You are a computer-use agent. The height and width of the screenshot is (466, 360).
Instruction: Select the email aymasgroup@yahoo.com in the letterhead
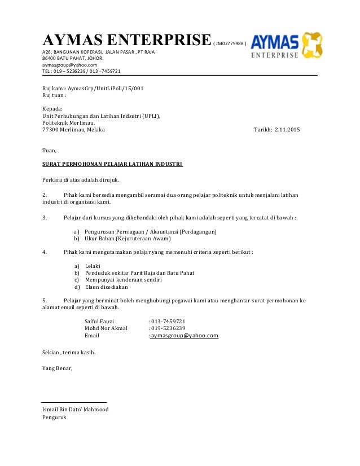pyautogui.click(x=65, y=65)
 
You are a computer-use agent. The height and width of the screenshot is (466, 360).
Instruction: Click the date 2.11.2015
pyautogui.click(x=287, y=130)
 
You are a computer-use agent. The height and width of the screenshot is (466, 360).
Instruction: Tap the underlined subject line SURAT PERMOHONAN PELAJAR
pyautogui.click(x=113, y=165)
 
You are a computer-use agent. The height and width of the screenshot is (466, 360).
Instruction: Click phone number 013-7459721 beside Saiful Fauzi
pyautogui.click(x=168, y=320)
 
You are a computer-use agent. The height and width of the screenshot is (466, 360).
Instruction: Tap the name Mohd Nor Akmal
pyautogui.click(x=106, y=328)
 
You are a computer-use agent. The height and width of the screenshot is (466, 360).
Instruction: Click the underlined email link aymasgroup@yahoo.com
pyautogui.click(x=185, y=335)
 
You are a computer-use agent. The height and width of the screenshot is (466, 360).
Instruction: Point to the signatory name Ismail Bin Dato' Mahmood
pyautogui.click(x=76, y=410)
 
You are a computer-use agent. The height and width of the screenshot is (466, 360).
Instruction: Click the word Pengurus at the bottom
pyautogui.click(x=55, y=418)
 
